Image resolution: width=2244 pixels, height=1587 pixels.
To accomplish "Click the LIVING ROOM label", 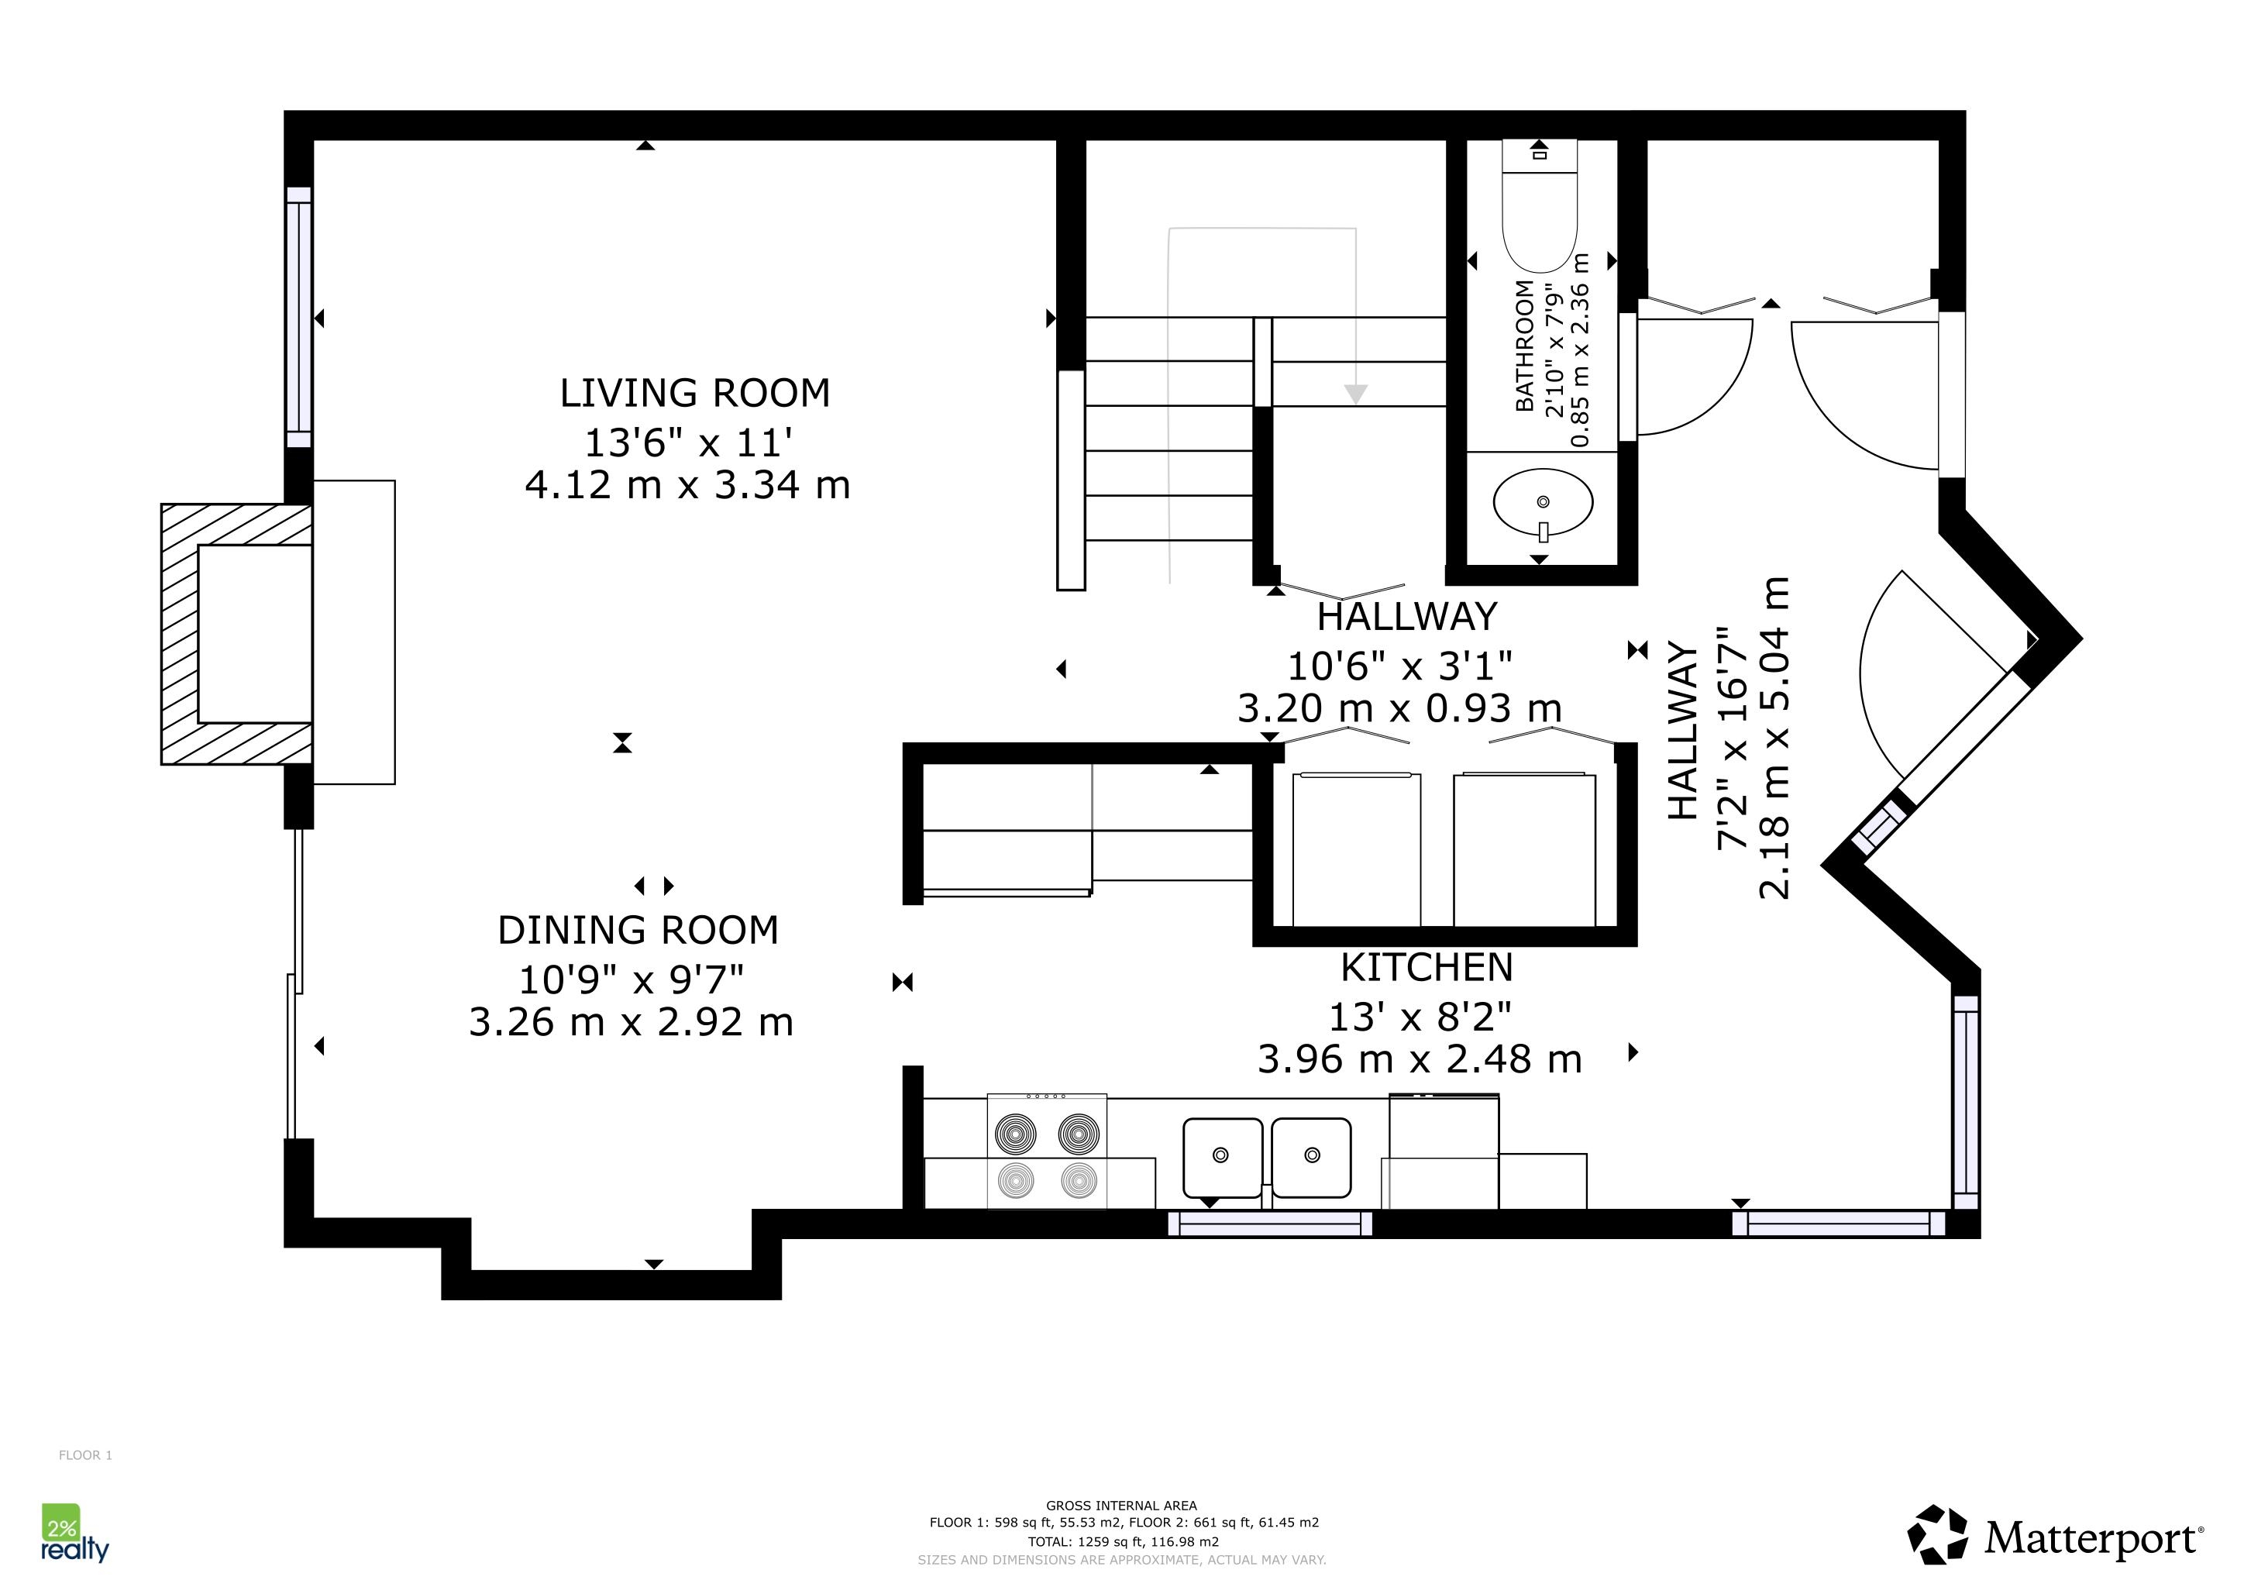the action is coord(694,393).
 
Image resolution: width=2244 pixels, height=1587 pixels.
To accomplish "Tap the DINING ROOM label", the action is coord(638,931).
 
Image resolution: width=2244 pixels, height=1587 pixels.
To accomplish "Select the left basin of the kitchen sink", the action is coord(1223,1158).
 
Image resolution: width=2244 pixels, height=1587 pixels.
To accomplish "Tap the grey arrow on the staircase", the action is coord(1355,394).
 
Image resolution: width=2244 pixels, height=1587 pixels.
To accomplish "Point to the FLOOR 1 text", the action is coord(85,1455).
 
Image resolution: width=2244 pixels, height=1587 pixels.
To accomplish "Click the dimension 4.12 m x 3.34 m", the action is coord(687,484).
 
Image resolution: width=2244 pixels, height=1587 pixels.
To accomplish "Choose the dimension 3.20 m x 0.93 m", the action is coord(1399,707).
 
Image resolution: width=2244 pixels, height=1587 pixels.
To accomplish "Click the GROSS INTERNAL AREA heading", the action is coord(1121,1506).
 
